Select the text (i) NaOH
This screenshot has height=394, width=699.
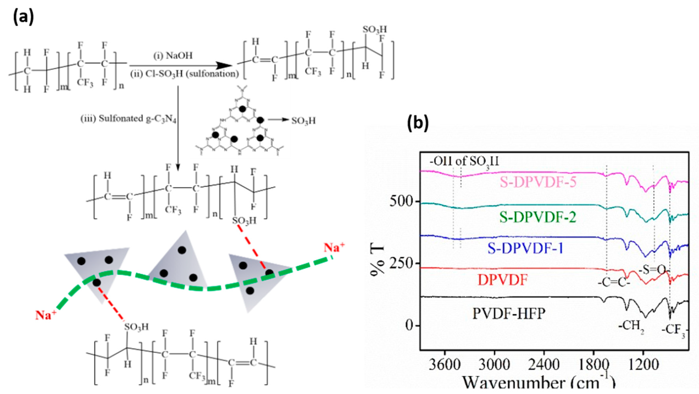click(x=173, y=56)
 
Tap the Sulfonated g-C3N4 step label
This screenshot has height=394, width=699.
click(x=128, y=119)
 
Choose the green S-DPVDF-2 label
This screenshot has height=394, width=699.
click(x=538, y=217)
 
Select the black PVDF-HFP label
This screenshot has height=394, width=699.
click(x=509, y=314)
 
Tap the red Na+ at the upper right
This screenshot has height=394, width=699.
click(x=334, y=247)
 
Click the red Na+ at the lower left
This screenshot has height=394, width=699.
click(x=46, y=315)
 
